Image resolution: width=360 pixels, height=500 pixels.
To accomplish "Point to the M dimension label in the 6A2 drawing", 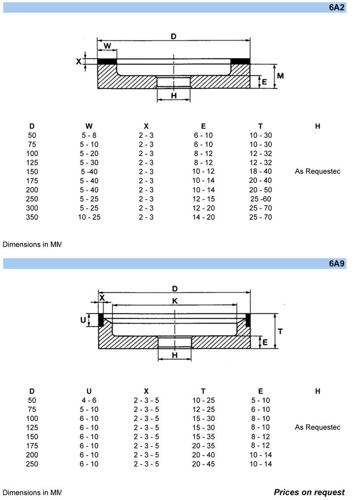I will (x=280, y=76).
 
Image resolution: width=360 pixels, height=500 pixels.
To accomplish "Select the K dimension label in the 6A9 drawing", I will (x=174, y=301).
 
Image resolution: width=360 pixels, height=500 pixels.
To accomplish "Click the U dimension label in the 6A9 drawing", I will (x=83, y=320).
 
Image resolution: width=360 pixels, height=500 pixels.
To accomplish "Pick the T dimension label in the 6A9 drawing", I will (x=280, y=331).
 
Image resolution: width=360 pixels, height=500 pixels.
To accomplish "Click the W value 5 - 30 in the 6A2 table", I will (x=89, y=163).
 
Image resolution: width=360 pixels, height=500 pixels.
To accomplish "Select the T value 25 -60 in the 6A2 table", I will (x=261, y=199).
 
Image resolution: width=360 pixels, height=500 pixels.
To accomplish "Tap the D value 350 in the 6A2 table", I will (x=32, y=217).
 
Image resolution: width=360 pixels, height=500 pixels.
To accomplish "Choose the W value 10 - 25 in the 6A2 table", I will (x=89, y=217).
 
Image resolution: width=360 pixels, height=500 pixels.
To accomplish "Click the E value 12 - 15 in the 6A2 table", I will (x=203, y=199).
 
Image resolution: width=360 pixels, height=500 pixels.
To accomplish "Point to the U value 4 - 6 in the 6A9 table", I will (x=89, y=400).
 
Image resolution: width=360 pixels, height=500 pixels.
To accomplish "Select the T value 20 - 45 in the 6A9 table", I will (x=203, y=464).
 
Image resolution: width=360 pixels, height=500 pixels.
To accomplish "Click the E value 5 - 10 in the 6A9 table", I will (x=261, y=400).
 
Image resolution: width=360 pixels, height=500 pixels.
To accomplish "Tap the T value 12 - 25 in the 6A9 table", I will (x=203, y=409).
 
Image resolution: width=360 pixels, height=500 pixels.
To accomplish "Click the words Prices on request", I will (x=309, y=492).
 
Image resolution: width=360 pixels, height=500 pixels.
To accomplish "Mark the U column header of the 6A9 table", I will (x=89, y=391).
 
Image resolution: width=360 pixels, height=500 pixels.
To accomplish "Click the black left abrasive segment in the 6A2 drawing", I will (x=107, y=61).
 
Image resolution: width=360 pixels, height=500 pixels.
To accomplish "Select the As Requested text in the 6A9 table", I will (x=318, y=427).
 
